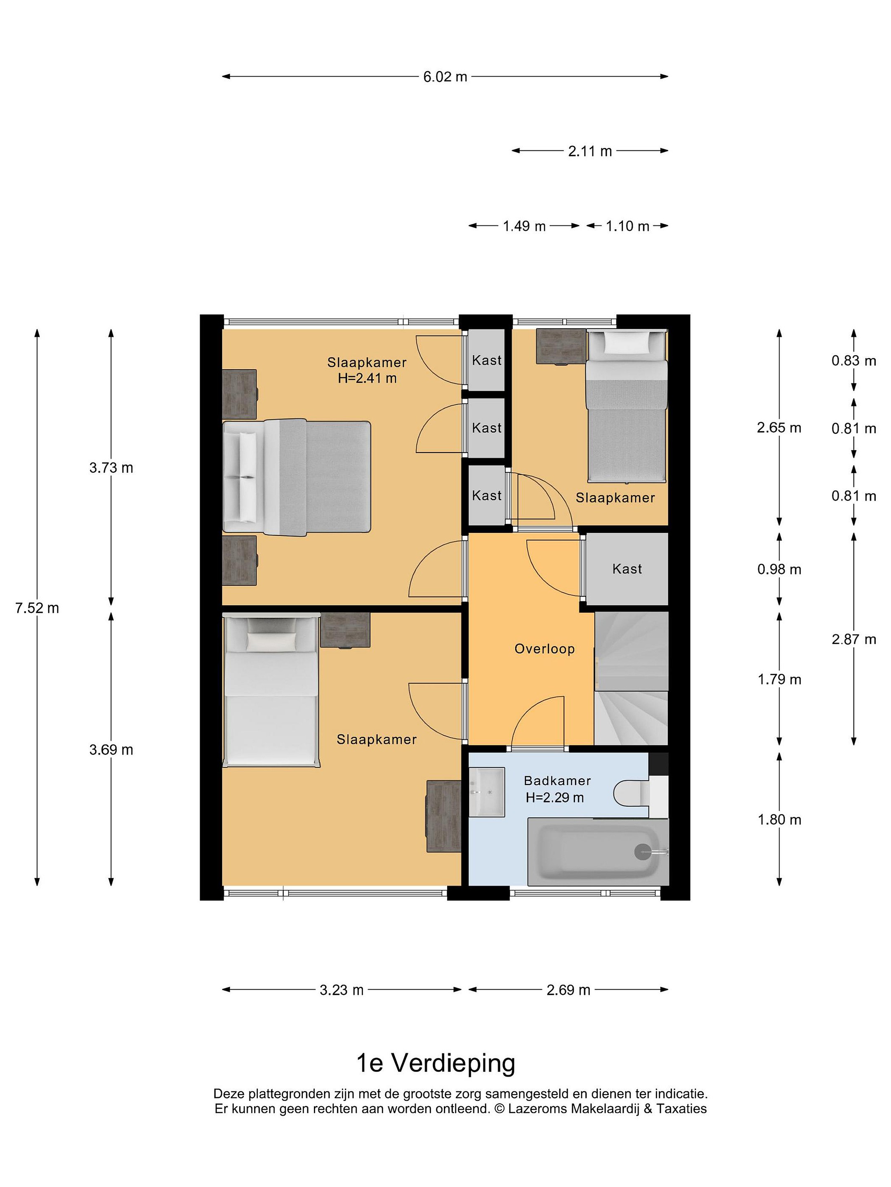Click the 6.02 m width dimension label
pos(445,77)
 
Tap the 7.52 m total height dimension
pos(37,608)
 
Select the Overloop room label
pos(544,649)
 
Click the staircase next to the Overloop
pos(631,678)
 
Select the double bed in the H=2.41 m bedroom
pos(297,477)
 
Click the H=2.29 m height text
pos(555,798)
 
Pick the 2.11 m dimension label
pos(590,151)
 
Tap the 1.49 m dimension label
pos(524,226)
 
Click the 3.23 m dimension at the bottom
pos(342,990)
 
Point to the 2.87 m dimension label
pos(853,639)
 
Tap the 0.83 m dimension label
pos(853,361)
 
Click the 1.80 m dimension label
pos(779,819)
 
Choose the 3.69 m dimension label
pos(111,750)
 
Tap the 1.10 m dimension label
pos(627,226)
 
